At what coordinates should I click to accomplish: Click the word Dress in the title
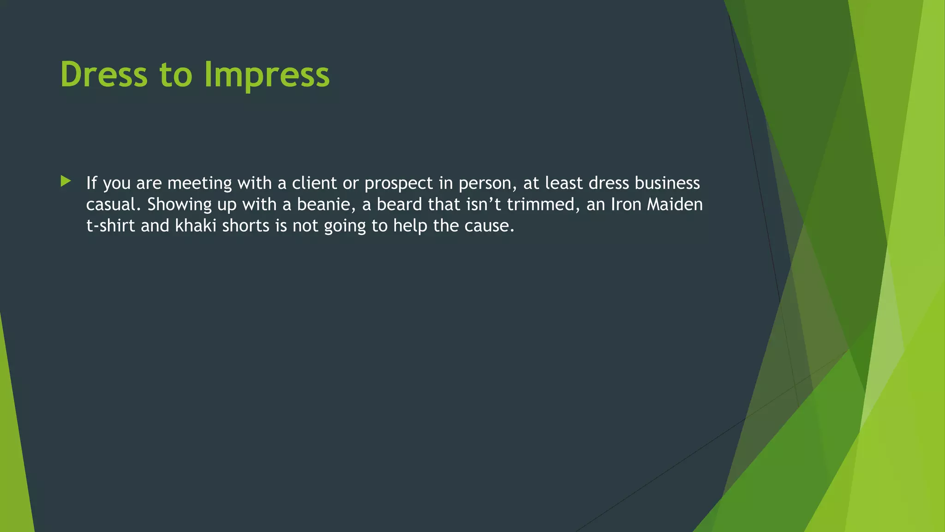pos(104,74)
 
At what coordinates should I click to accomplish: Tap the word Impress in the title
pos(267,74)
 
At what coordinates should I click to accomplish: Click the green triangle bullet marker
pos(66,181)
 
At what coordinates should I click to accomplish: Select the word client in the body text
pos(314,183)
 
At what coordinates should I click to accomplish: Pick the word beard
pos(399,204)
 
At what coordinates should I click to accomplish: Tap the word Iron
pos(626,204)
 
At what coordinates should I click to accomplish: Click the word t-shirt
pos(111,225)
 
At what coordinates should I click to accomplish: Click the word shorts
pos(245,225)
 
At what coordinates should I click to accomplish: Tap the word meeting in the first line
pos(199,184)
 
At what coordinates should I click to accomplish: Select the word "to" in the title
pos(176,74)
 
